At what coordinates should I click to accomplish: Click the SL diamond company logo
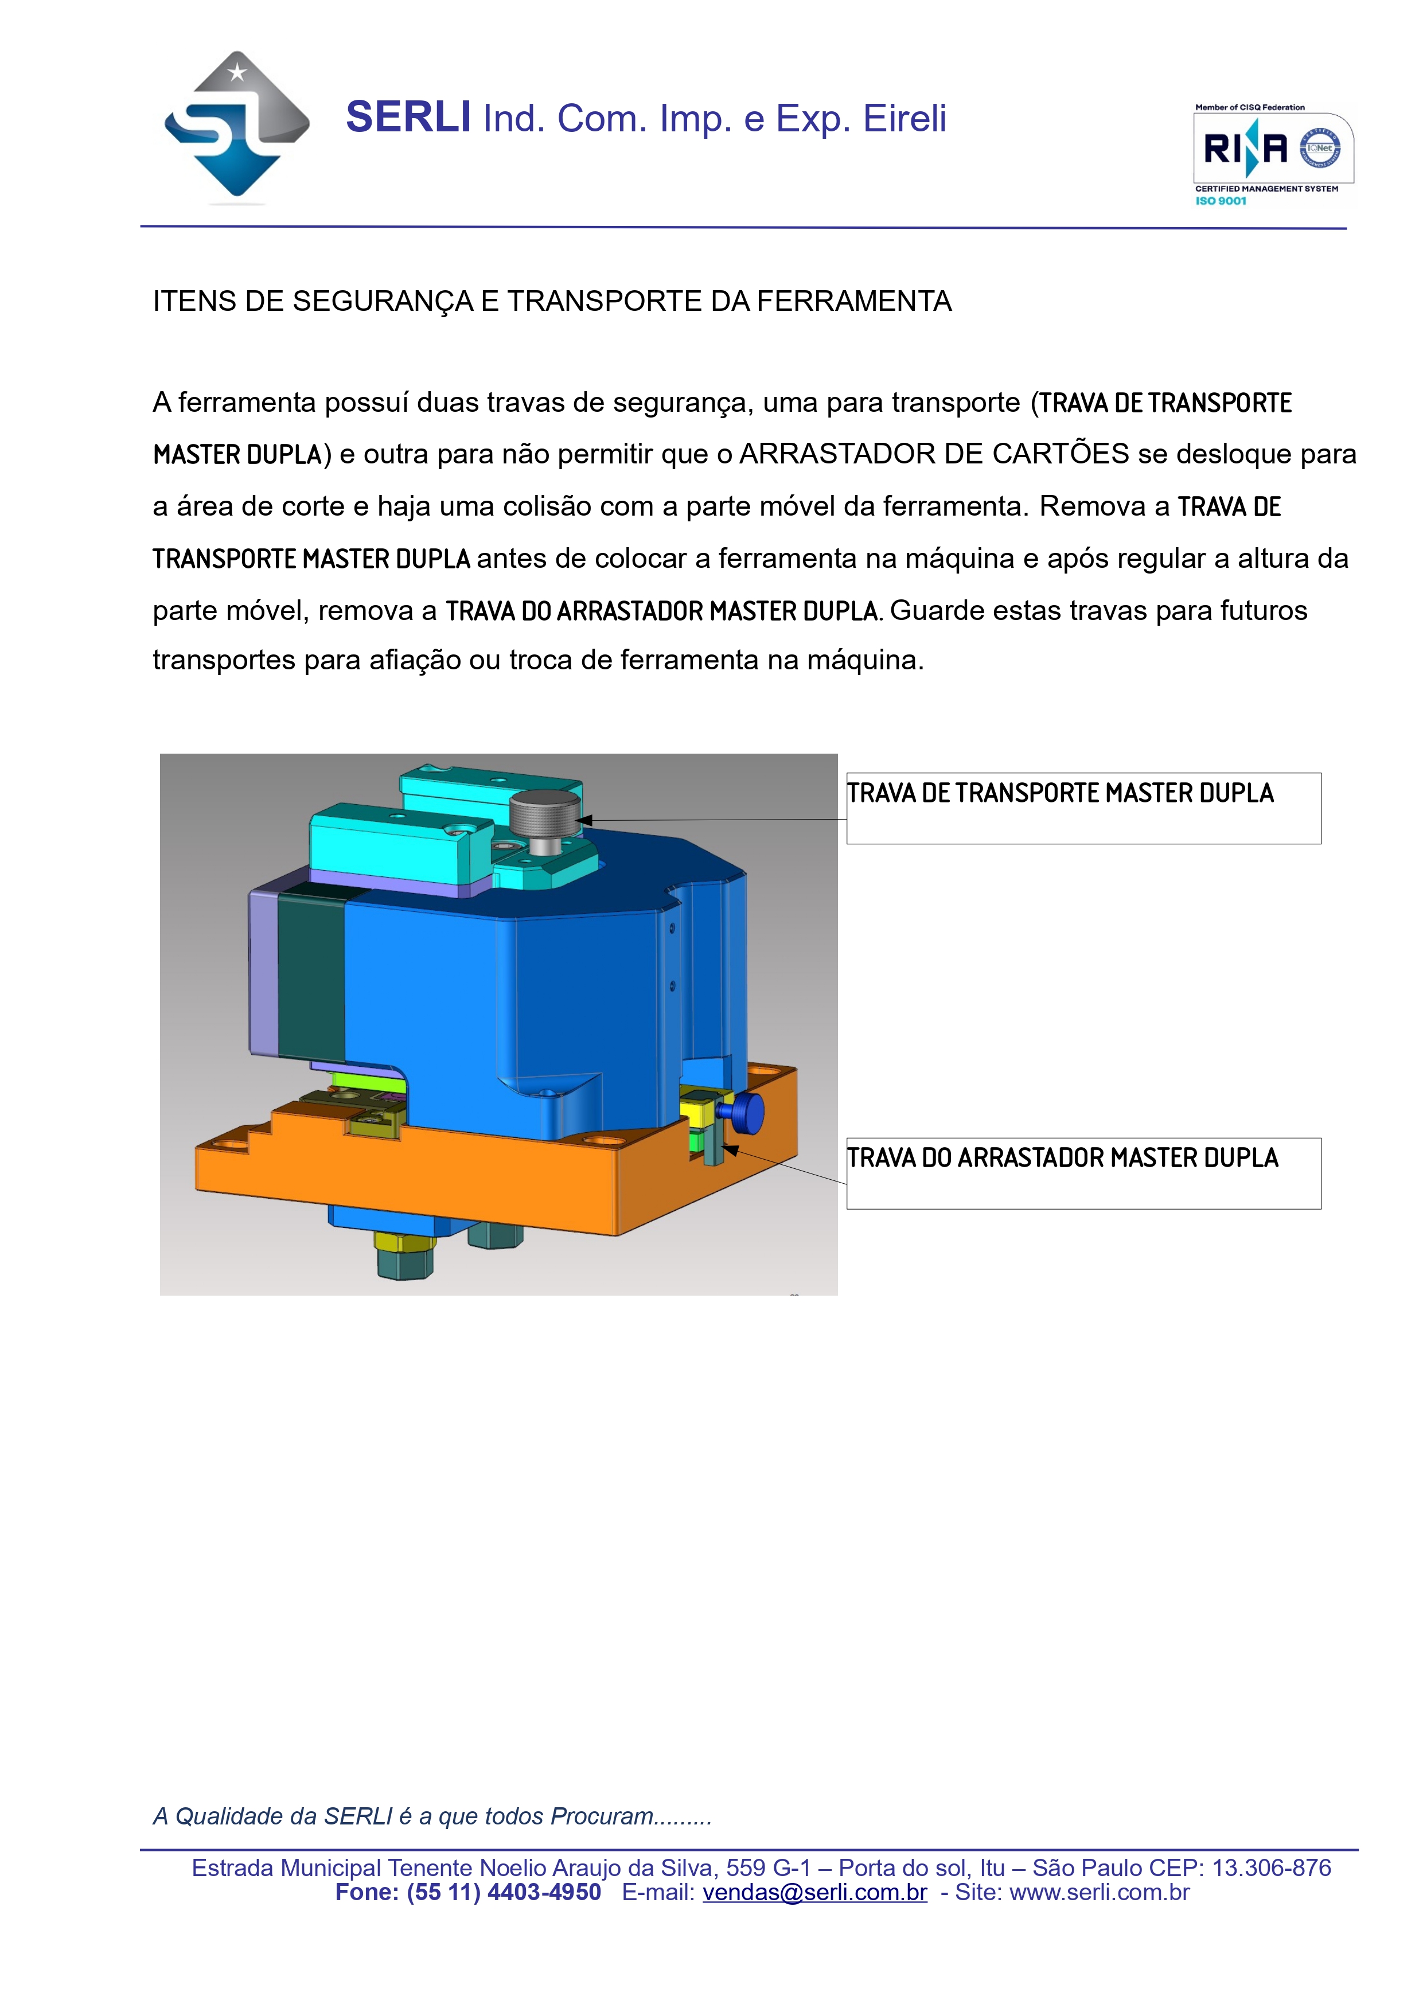[x=236, y=128]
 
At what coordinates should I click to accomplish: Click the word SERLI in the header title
[x=408, y=118]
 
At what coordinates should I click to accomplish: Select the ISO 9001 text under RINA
[x=1221, y=201]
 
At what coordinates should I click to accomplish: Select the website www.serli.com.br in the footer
[x=1099, y=1892]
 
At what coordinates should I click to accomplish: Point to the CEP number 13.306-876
[x=1270, y=1867]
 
